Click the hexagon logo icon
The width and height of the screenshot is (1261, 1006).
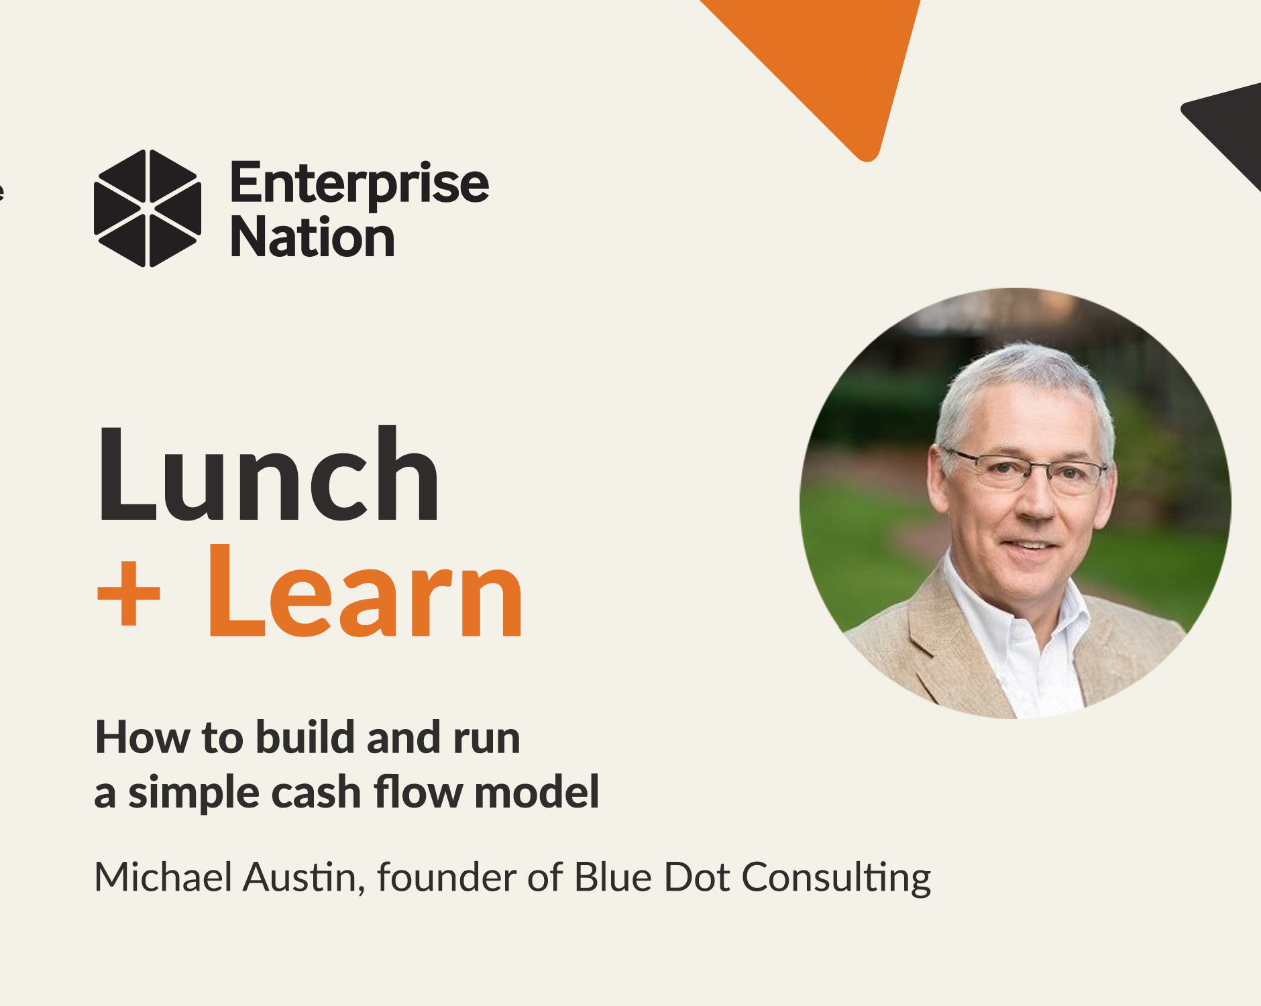148,208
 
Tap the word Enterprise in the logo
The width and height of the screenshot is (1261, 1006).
360,182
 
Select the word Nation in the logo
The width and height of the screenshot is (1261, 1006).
313,237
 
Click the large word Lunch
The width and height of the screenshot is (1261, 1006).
268,475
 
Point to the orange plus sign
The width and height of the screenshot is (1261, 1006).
129,593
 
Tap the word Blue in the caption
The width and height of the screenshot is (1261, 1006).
613,877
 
